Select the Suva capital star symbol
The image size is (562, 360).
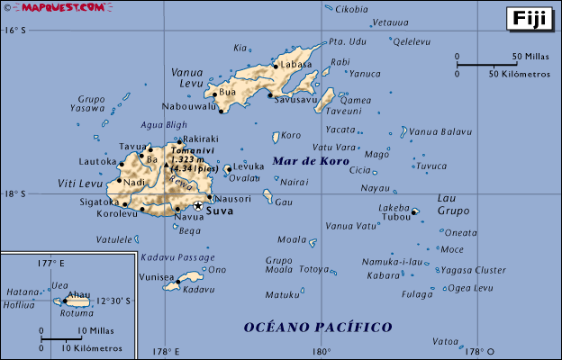[x=198, y=205]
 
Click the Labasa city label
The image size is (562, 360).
[x=295, y=65]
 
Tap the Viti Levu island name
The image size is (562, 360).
[x=80, y=184]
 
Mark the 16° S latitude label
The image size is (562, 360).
[x=13, y=30]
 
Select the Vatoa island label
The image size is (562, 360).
[x=445, y=341]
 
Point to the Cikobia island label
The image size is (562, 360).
[x=351, y=9]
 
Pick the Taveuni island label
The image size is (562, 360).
[x=343, y=112]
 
